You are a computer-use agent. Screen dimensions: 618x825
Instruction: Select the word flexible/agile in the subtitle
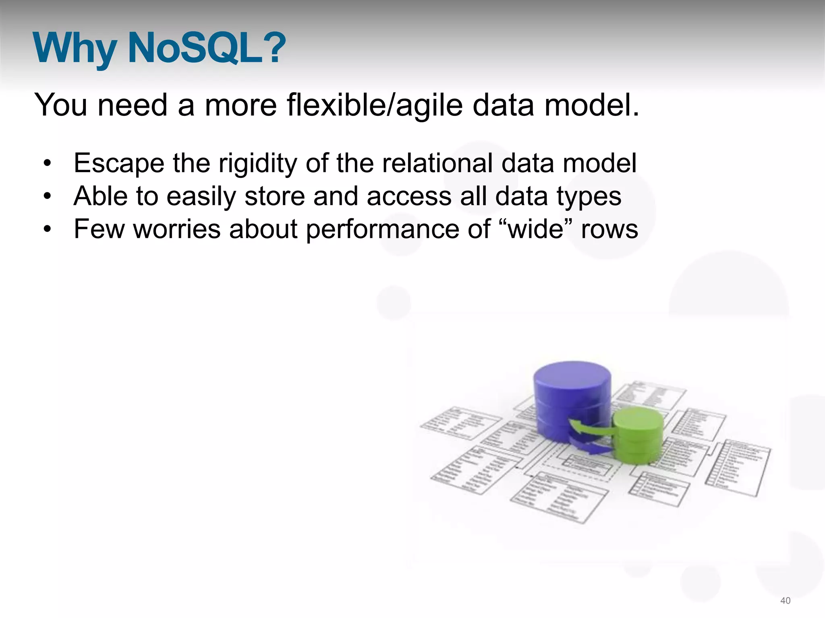pyautogui.click(x=375, y=105)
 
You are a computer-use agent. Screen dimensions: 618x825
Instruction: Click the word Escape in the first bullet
pyautogui.click(x=119, y=164)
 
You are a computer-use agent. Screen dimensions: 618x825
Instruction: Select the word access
pyautogui.click(x=409, y=197)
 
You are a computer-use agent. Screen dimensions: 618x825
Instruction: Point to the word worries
pyautogui.click(x=177, y=229)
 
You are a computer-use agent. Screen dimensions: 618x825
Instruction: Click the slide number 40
pyautogui.click(x=786, y=601)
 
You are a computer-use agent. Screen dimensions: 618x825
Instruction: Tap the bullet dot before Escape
pyautogui.click(x=48, y=164)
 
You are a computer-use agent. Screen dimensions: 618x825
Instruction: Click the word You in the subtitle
pyautogui.click(x=61, y=105)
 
